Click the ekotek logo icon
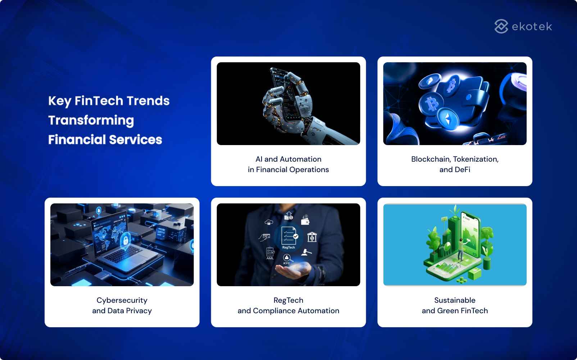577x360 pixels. [501, 26]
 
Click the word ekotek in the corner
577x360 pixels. [532, 27]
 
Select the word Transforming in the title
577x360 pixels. [91, 121]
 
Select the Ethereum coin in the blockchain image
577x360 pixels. [448, 119]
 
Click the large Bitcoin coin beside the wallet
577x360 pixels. [431, 104]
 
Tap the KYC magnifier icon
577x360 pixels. [287, 258]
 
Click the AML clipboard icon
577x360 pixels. [270, 252]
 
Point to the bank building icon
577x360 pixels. [312, 237]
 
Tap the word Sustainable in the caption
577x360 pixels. [455, 300]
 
